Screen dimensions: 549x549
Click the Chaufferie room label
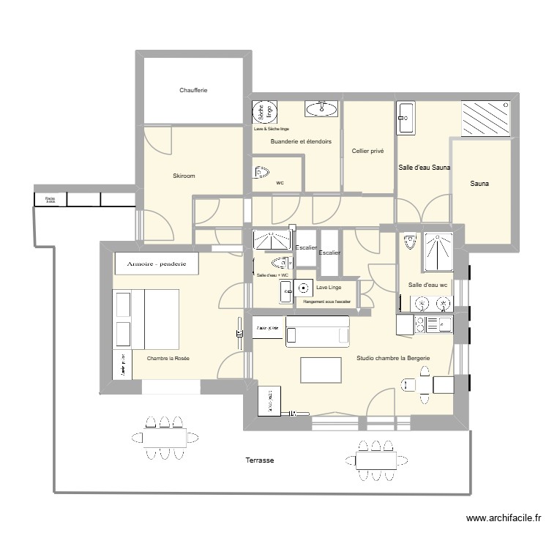click(194, 91)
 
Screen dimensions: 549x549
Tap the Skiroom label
click(184, 176)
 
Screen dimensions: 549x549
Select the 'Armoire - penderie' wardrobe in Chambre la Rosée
click(157, 264)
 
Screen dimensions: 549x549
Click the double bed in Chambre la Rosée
click(146, 319)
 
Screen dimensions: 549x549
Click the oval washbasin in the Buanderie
click(321, 109)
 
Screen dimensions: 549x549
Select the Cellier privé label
click(367, 151)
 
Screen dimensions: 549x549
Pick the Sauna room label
click(479, 184)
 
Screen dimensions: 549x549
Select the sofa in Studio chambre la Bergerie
click(318, 335)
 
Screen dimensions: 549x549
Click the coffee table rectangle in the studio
click(321, 369)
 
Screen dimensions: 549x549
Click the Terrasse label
click(259, 460)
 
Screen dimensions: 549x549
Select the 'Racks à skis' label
click(50, 199)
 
